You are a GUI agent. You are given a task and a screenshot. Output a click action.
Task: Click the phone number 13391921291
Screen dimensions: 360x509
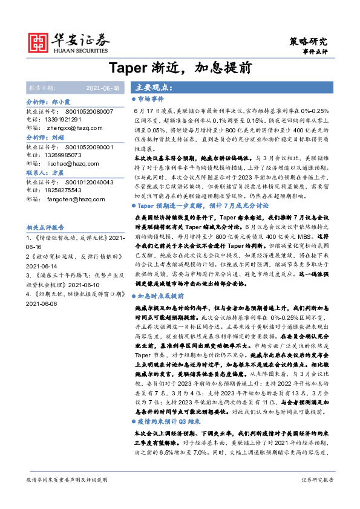(x=73, y=120)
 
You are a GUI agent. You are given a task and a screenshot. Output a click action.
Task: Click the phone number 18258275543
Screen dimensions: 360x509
(x=73, y=190)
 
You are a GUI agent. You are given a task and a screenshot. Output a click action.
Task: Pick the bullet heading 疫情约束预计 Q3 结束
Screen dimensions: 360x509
(x=171, y=423)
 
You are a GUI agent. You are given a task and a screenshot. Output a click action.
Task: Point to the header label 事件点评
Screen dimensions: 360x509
(x=314, y=53)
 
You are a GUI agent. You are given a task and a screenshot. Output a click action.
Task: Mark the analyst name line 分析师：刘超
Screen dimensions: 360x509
(x=48, y=137)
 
